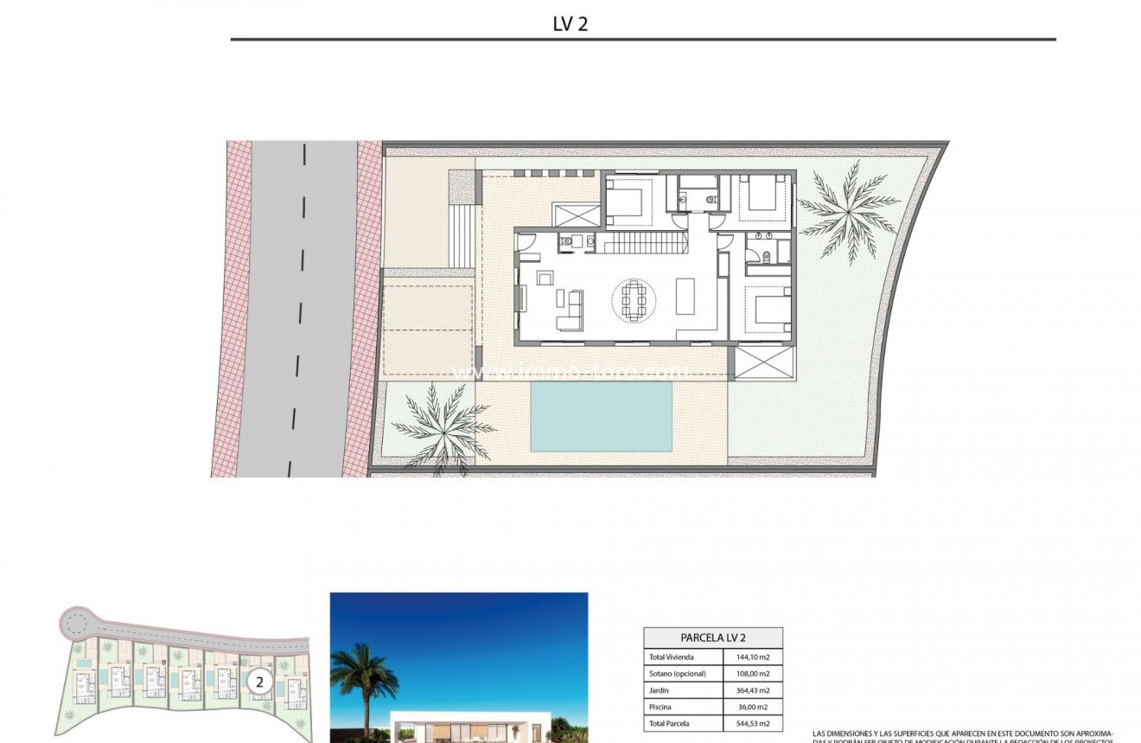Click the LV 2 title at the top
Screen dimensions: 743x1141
[570, 24]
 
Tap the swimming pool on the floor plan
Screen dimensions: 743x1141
[601, 416]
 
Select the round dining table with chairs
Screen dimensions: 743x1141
[634, 299]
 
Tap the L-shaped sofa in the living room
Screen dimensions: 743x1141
[570, 311]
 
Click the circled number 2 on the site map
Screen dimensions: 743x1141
[258, 682]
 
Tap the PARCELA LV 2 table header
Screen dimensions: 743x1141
[713, 638]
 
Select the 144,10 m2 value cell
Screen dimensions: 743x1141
[752, 657]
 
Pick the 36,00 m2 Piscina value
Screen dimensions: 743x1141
[752, 707]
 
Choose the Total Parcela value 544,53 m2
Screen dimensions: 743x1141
[752, 723]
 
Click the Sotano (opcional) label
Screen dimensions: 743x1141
[678, 674]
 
